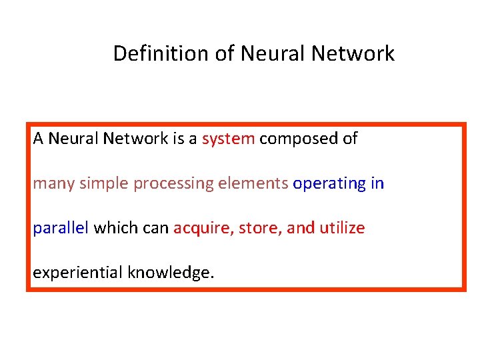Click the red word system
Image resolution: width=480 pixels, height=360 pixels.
[x=228, y=139]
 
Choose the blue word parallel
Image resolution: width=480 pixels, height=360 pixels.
[x=61, y=229]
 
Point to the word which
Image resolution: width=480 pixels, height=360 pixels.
[x=115, y=229]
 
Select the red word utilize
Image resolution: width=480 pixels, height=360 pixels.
[x=342, y=229]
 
